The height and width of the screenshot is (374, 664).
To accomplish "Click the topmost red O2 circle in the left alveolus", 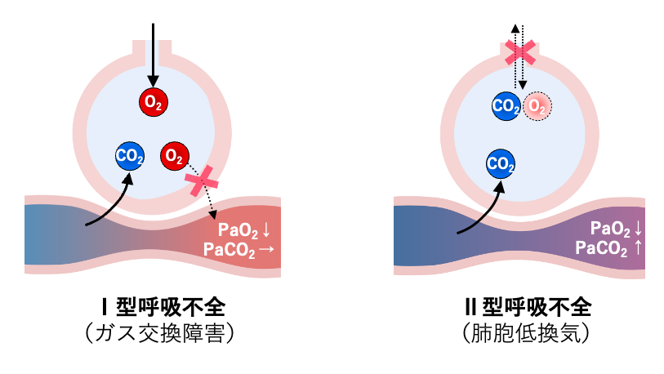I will point(153,101).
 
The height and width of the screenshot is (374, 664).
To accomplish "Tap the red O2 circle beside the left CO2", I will point(175,156).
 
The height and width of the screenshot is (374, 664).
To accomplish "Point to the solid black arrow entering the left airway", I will point(153,49).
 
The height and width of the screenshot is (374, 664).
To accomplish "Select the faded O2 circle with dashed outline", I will point(537,105).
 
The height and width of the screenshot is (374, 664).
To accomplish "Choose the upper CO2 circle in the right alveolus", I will point(506,105).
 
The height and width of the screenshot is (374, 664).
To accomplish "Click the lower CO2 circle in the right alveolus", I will point(501,163).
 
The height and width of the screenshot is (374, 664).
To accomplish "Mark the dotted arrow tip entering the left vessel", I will point(213,216).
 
